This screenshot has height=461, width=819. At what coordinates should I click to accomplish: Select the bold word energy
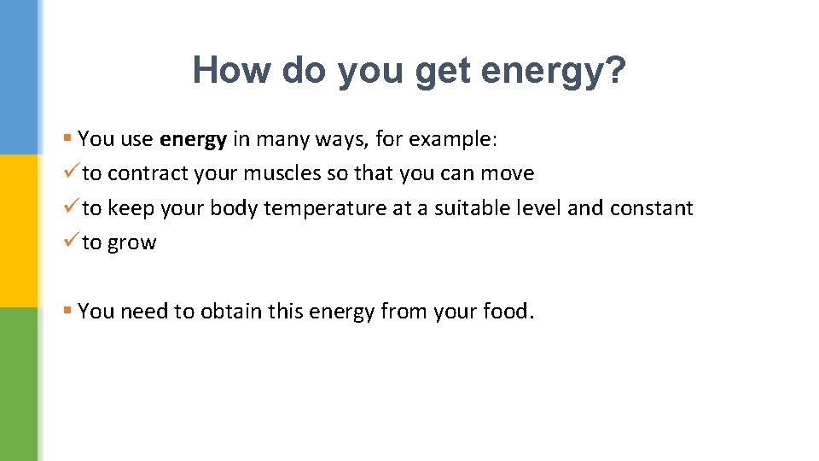point(193,138)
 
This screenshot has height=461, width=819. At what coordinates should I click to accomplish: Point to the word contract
point(148,173)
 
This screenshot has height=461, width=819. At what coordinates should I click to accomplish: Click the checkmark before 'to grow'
point(71,242)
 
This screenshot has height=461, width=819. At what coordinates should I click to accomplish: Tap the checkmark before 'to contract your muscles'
point(71,172)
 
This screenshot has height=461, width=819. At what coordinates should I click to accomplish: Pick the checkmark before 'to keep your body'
point(71,207)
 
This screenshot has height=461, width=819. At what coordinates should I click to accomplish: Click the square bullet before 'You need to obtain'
point(67,312)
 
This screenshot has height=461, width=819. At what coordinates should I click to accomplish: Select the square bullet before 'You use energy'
point(67,138)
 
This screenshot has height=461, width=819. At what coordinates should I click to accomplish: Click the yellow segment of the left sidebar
point(19,230)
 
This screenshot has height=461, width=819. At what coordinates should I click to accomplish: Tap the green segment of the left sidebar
point(19,384)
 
